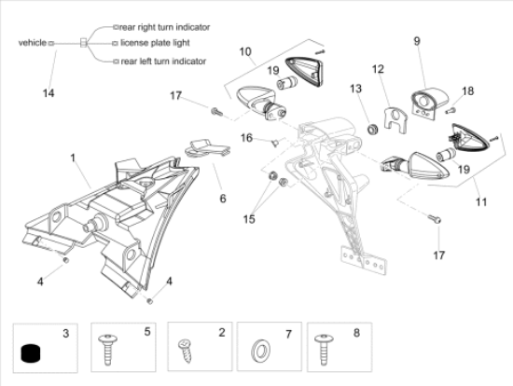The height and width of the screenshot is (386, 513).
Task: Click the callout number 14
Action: click(x=49, y=93)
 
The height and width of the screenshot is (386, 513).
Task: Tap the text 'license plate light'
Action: click(x=155, y=43)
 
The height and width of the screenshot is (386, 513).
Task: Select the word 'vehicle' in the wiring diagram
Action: click(x=33, y=43)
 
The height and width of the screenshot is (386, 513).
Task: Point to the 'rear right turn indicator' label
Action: click(x=165, y=27)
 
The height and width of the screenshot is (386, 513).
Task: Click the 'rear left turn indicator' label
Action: click(x=163, y=62)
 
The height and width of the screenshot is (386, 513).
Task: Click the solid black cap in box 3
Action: click(x=32, y=353)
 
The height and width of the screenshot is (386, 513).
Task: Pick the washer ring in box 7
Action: click(x=260, y=352)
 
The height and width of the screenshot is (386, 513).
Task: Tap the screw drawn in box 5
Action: click(x=107, y=350)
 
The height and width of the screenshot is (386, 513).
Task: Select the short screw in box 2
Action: click(x=185, y=351)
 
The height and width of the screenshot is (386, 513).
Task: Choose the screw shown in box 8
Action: click(x=324, y=350)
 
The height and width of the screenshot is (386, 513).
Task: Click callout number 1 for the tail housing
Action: click(x=73, y=158)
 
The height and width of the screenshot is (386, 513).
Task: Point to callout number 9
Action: click(x=417, y=41)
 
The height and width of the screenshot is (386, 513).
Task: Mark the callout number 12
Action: click(x=378, y=69)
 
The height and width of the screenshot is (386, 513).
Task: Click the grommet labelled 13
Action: click(x=372, y=129)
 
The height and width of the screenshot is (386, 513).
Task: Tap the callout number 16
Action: click(x=246, y=138)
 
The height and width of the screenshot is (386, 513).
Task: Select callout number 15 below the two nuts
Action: click(x=249, y=219)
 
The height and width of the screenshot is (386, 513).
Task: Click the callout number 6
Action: click(x=223, y=199)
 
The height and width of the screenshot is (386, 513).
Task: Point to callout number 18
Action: click(x=468, y=91)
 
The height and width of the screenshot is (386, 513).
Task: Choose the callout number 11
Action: click(x=481, y=201)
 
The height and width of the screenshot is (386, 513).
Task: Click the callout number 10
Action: click(x=245, y=51)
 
